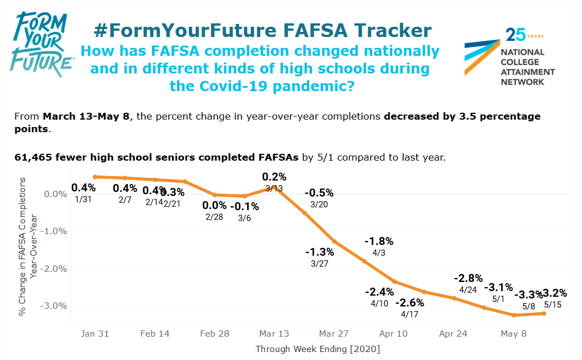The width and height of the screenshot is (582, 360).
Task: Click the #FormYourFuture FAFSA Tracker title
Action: [x=262, y=30]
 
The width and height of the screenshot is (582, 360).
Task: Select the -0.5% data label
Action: [x=319, y=193]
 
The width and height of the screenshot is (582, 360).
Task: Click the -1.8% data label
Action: [x=379, y=242]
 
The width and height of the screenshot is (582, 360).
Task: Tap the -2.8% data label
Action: [x=468, y=278]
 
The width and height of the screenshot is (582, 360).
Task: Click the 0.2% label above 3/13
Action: [x=274, y=177]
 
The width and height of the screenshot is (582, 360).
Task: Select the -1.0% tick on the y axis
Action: [x=56, y=231]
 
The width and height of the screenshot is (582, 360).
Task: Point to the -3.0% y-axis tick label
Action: [x=56, y=306]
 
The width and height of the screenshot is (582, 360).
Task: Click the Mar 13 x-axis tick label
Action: [x=274, y=334]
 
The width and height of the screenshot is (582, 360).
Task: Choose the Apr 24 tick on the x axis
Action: [x=453, y=334]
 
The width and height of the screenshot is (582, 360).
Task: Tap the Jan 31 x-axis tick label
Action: [x=95, y=334]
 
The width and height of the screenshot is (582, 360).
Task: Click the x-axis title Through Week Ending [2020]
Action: [x=318, y=349]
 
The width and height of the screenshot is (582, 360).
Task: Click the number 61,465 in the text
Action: [x=33, y=157]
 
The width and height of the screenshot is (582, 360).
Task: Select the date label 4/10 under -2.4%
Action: [x=379, y=304]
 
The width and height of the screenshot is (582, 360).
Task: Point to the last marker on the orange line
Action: [x=544, y=313]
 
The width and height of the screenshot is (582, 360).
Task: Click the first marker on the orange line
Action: [x=95, y=177]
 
